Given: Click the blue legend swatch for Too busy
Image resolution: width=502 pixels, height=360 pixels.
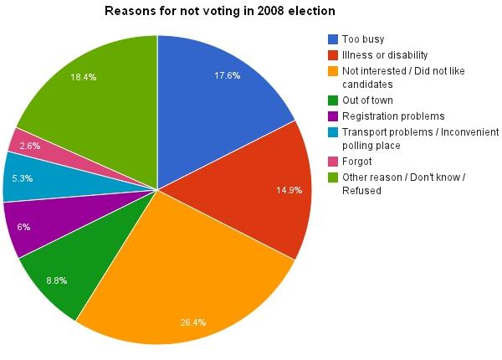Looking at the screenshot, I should point(333,39).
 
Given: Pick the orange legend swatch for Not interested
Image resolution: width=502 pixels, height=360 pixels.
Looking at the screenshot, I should point(333,69).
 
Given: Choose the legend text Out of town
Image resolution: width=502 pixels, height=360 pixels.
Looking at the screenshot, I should point(369,100).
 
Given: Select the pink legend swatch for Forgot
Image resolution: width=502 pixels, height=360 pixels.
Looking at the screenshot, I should point(333,161).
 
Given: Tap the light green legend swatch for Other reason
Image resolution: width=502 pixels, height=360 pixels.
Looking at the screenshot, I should point(333,176).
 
